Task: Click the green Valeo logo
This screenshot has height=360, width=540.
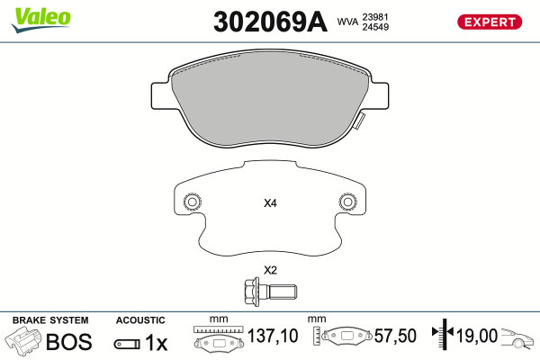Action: point(41,20)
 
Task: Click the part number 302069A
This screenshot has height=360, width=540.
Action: point(270,22)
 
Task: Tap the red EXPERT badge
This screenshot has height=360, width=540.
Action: point(490,22)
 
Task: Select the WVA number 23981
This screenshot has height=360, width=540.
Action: point(375,17)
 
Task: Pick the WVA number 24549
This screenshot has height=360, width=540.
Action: point(375,27)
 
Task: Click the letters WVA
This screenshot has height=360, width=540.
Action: point(347,22)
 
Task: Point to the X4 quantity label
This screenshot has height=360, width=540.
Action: point(270,203)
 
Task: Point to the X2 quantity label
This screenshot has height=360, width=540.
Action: point(270,270)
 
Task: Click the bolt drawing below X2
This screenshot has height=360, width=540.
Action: point(270,291)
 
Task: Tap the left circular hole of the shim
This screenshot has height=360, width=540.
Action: point(193,202)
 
